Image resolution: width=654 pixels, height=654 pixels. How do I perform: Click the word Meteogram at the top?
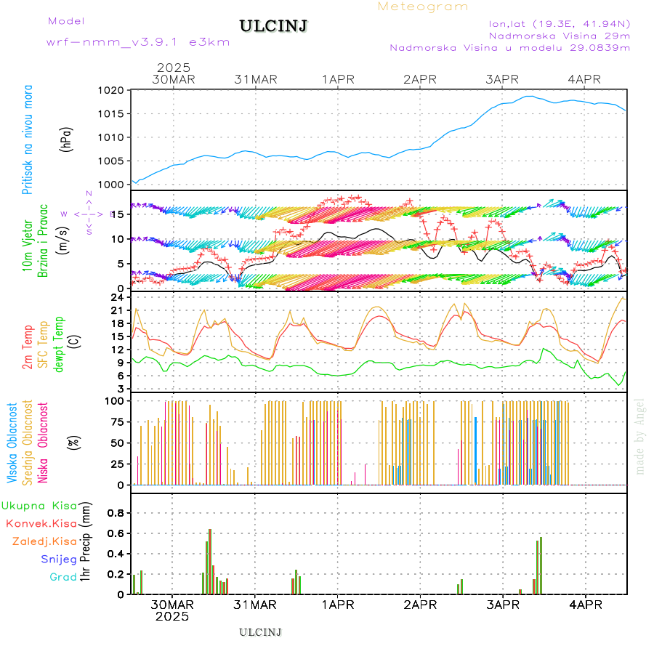pos(423,7)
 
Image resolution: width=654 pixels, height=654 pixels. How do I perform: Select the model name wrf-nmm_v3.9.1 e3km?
pos(138,42)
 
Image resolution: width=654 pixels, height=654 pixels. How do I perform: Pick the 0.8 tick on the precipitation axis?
pos(116,513)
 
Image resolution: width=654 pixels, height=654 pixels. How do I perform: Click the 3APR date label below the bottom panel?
pos(502,605)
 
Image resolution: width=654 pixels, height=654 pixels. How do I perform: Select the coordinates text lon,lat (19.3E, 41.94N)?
pos(560,23)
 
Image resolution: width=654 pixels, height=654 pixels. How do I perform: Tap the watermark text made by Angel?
pos(640,436)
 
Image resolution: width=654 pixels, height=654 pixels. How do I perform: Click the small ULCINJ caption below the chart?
pos(260,632)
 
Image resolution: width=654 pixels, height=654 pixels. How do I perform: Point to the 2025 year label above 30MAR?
pos(173,68)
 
